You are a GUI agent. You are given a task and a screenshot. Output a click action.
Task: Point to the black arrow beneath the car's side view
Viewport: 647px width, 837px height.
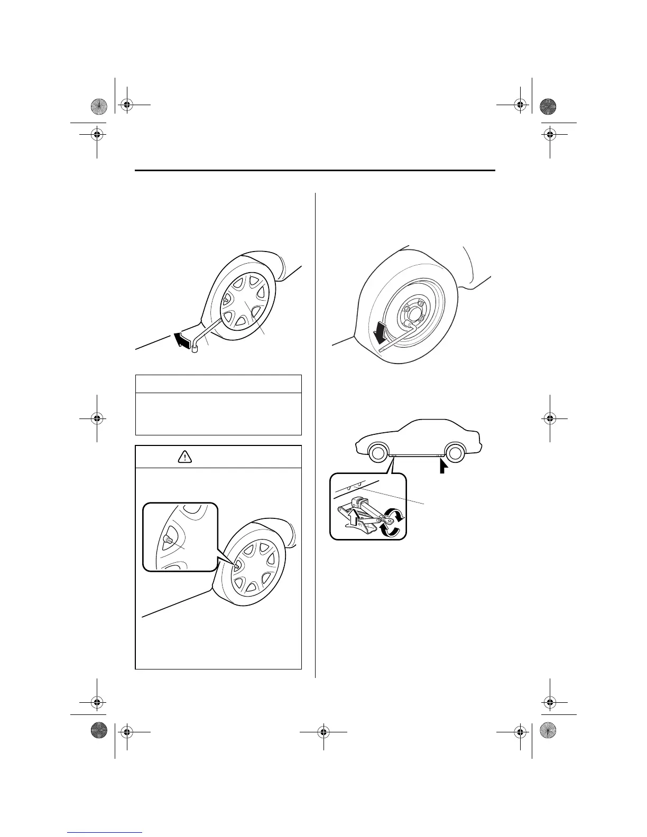pos(443,467)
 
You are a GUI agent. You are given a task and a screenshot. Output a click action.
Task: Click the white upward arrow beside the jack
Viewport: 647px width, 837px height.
pos(351,520)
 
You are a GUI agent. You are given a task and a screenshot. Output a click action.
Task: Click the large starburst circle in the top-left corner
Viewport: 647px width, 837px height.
pos(98,106)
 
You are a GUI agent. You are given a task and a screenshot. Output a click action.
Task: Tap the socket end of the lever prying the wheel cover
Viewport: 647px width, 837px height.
pos(195,348)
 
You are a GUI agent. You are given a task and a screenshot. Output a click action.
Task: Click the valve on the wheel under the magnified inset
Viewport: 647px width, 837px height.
pos(236,565)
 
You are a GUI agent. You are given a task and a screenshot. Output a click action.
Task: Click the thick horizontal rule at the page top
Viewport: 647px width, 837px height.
pos(315,171)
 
